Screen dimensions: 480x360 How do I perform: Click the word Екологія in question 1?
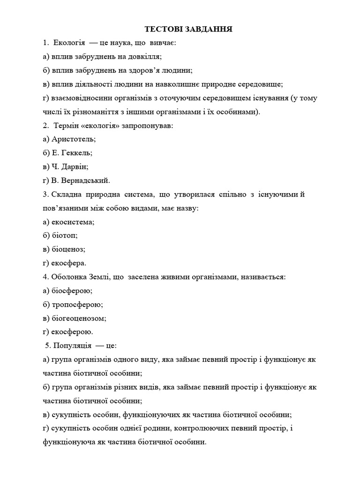coord(69,43)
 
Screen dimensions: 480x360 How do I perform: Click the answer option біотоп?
coord(65,235)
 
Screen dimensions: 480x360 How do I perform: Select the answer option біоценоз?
coord(68,249)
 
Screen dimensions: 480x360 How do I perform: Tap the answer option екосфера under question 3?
coord(68,263)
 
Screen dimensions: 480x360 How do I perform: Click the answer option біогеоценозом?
coord(79,318)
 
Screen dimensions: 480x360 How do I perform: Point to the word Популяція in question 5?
coord(74,346)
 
